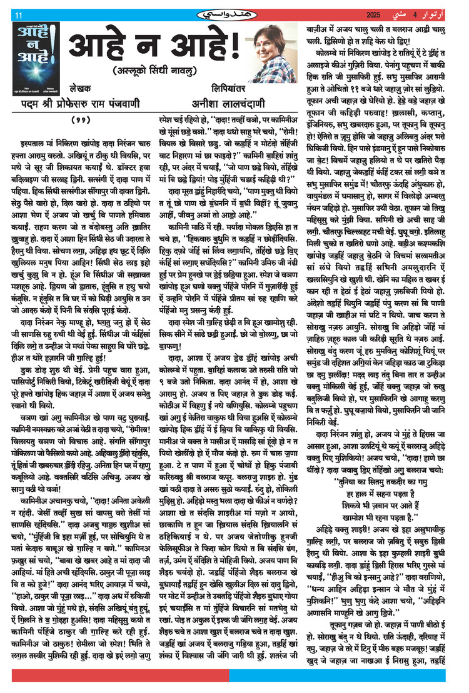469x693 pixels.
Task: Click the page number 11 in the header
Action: [18, 15]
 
